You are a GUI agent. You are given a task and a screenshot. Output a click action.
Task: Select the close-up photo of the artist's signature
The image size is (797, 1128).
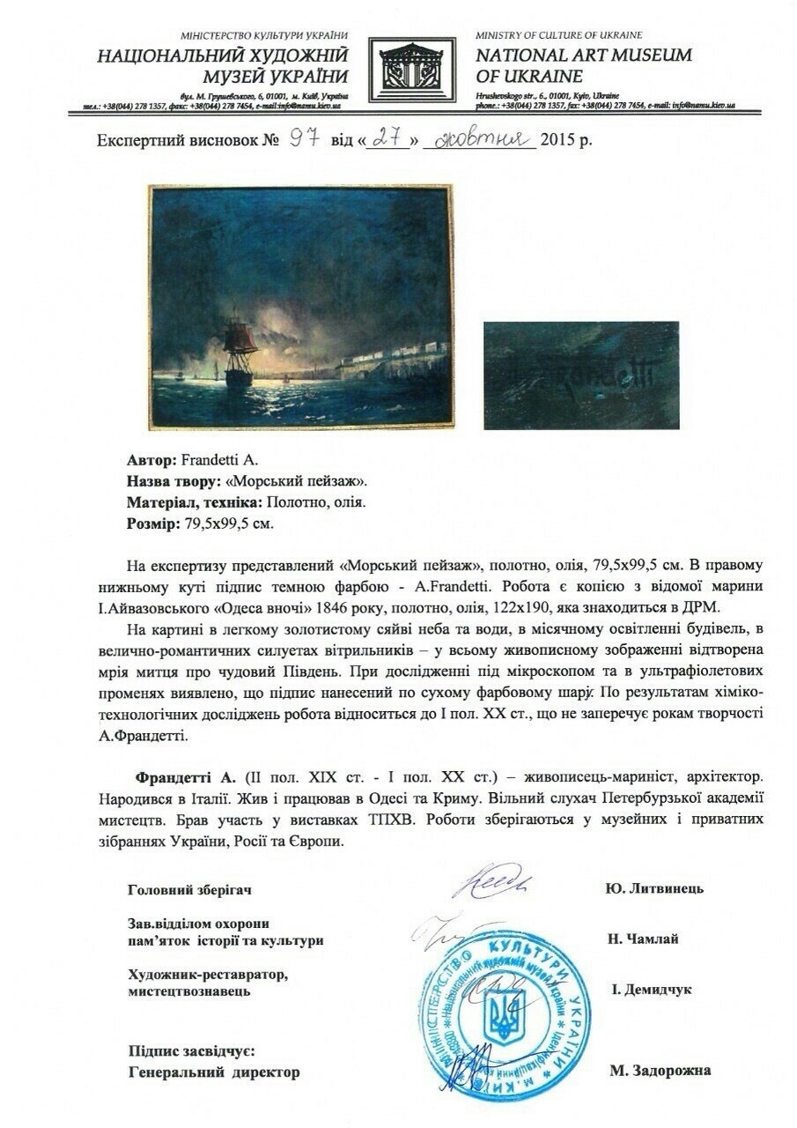pos(580,375)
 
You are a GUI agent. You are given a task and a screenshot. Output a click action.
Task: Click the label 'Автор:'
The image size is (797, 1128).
pos(151,460)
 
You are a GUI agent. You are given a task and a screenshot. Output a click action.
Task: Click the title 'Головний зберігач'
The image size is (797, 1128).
pos(189,889)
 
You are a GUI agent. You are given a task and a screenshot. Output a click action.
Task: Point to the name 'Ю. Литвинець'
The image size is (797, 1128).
pos(654,888)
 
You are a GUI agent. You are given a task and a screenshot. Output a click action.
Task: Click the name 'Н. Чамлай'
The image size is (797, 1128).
pos(643,939)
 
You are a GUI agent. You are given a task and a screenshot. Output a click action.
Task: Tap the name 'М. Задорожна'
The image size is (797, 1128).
pos(660,1072)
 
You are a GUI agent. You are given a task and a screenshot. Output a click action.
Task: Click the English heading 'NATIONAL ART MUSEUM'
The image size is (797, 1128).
pos(583,56)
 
